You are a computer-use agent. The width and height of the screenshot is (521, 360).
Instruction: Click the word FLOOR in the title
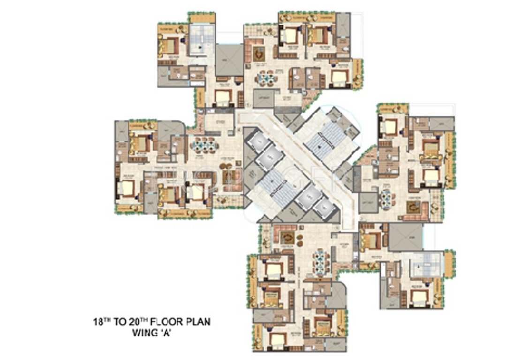point(159,322)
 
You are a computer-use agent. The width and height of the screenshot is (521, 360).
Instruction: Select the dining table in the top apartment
point(266,77)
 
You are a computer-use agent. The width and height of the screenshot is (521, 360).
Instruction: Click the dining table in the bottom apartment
point(321,259)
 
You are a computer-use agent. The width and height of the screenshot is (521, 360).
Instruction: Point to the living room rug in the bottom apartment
point(287,237)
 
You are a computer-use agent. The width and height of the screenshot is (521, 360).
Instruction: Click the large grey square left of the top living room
point(229,60)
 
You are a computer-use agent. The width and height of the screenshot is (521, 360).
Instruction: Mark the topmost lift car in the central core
point(257,141)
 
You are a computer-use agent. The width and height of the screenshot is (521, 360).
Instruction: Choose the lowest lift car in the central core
point(323,206)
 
